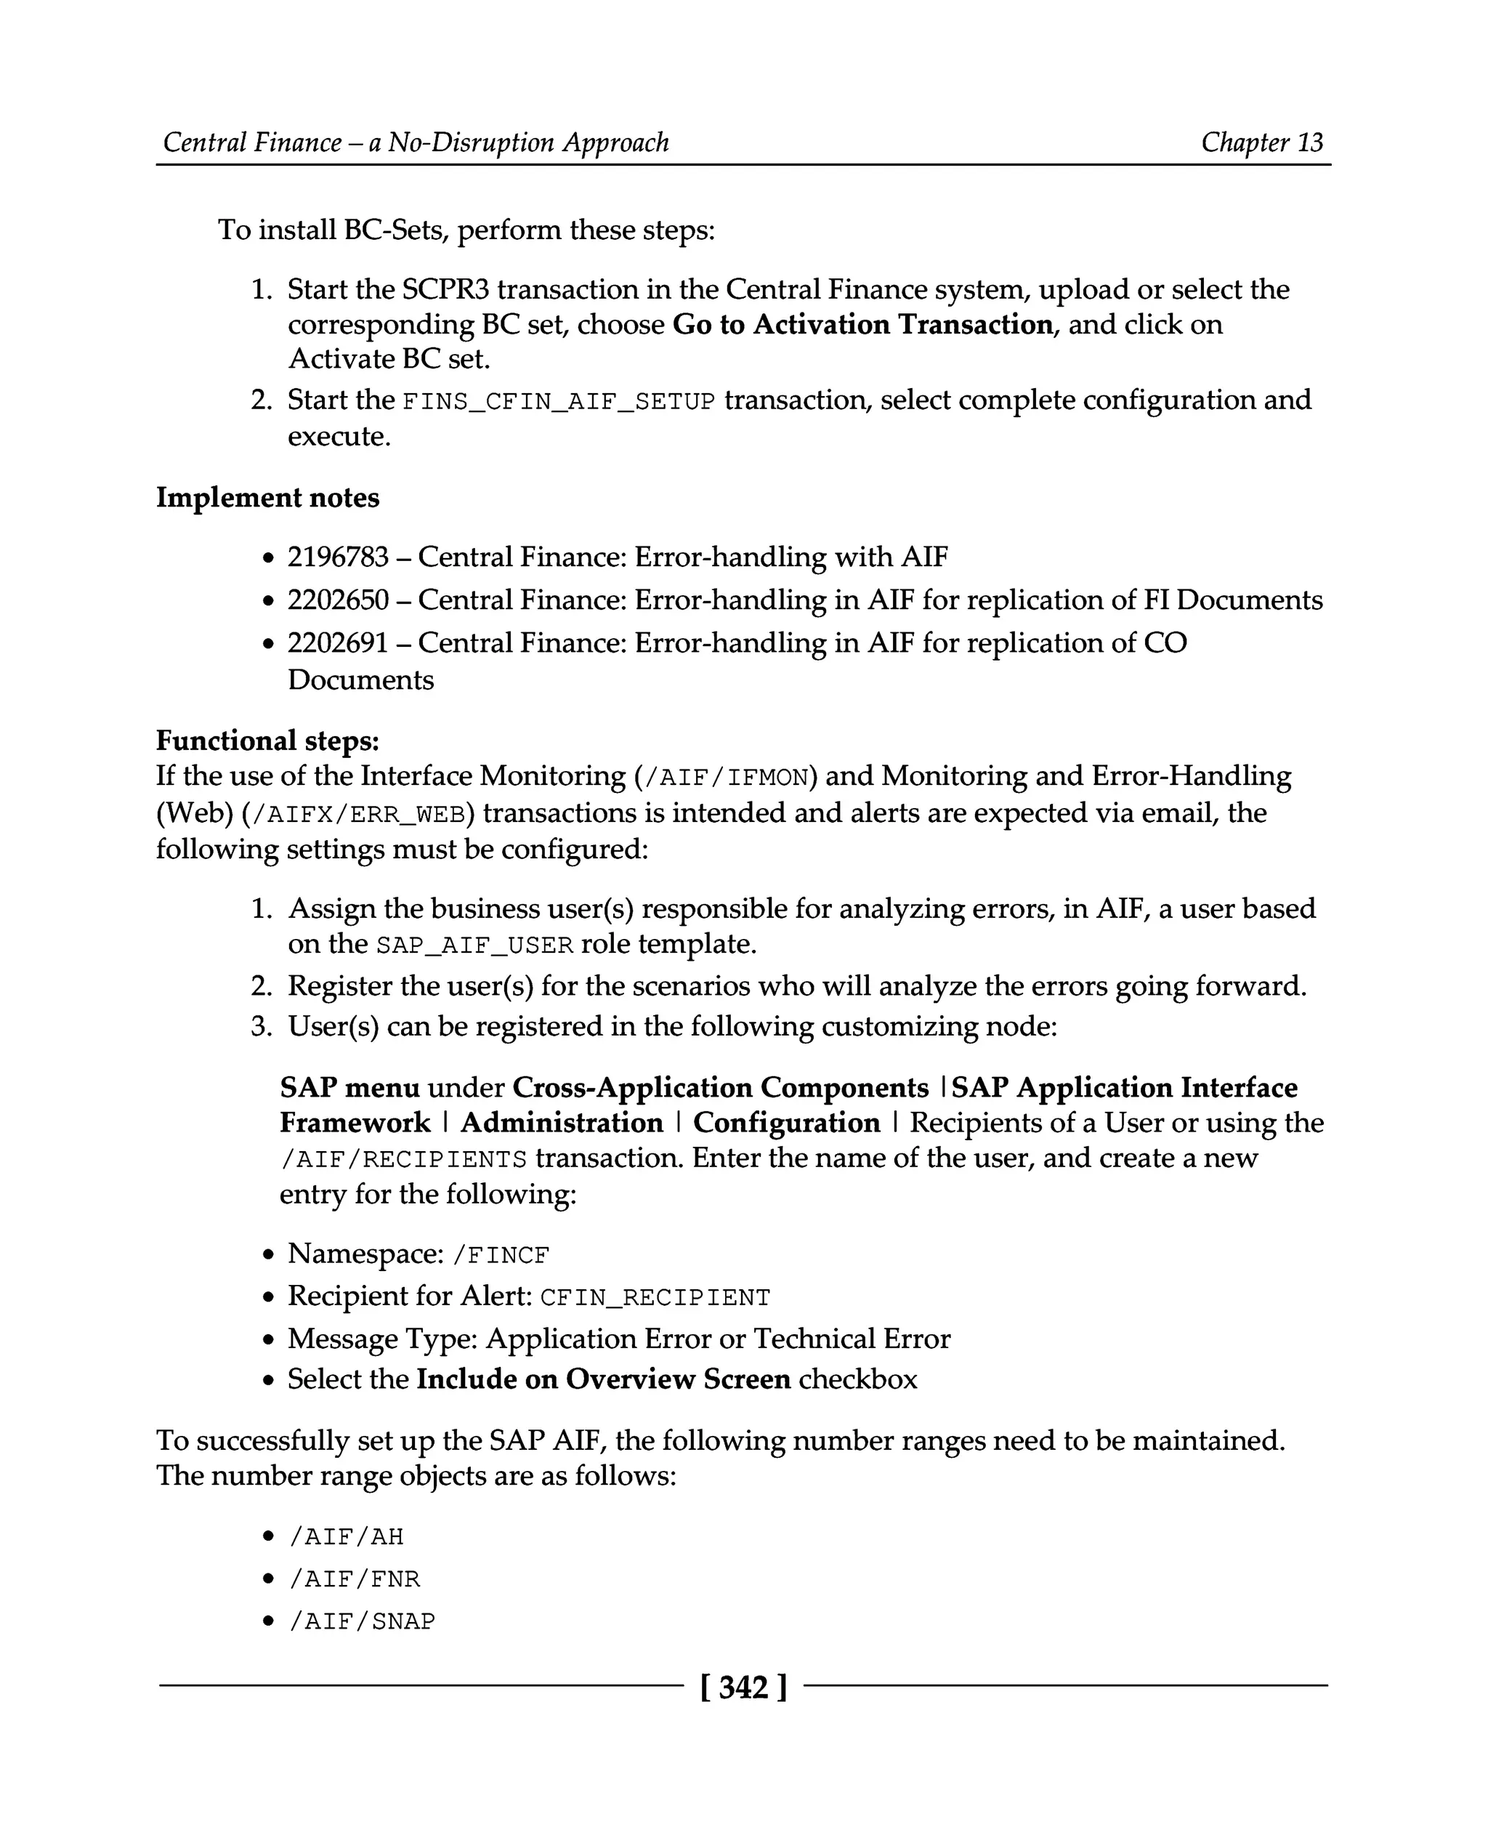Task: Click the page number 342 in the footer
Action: click(x=743, y=1687)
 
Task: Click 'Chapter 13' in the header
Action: click(x=1262, y=142)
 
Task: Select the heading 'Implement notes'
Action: click(x=267, y=497)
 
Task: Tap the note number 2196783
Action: click(x=338, y=557)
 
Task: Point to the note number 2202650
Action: click(x=338, y=600)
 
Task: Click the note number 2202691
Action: click(x=338, y=643)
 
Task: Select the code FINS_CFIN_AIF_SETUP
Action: click(x=558, y=401)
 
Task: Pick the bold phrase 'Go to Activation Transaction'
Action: click(x=862, y=325)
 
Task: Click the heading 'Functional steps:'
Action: click(x=267, y=740)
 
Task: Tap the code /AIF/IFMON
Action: click(x=724, y=778)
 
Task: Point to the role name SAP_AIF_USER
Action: click(x=474, y=945)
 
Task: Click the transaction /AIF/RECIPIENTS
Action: click(x=404, y=1159)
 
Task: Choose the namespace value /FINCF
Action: click(x=501, y=1255)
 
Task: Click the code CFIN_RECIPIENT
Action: click(x=655, y=1297)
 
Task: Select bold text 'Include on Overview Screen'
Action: click(x=604, y=1379)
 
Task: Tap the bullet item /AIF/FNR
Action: click(x=355, y=1578)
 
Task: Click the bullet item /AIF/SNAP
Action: click(x=362, y=1621)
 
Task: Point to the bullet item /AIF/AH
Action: click(x=347, y=1536)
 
